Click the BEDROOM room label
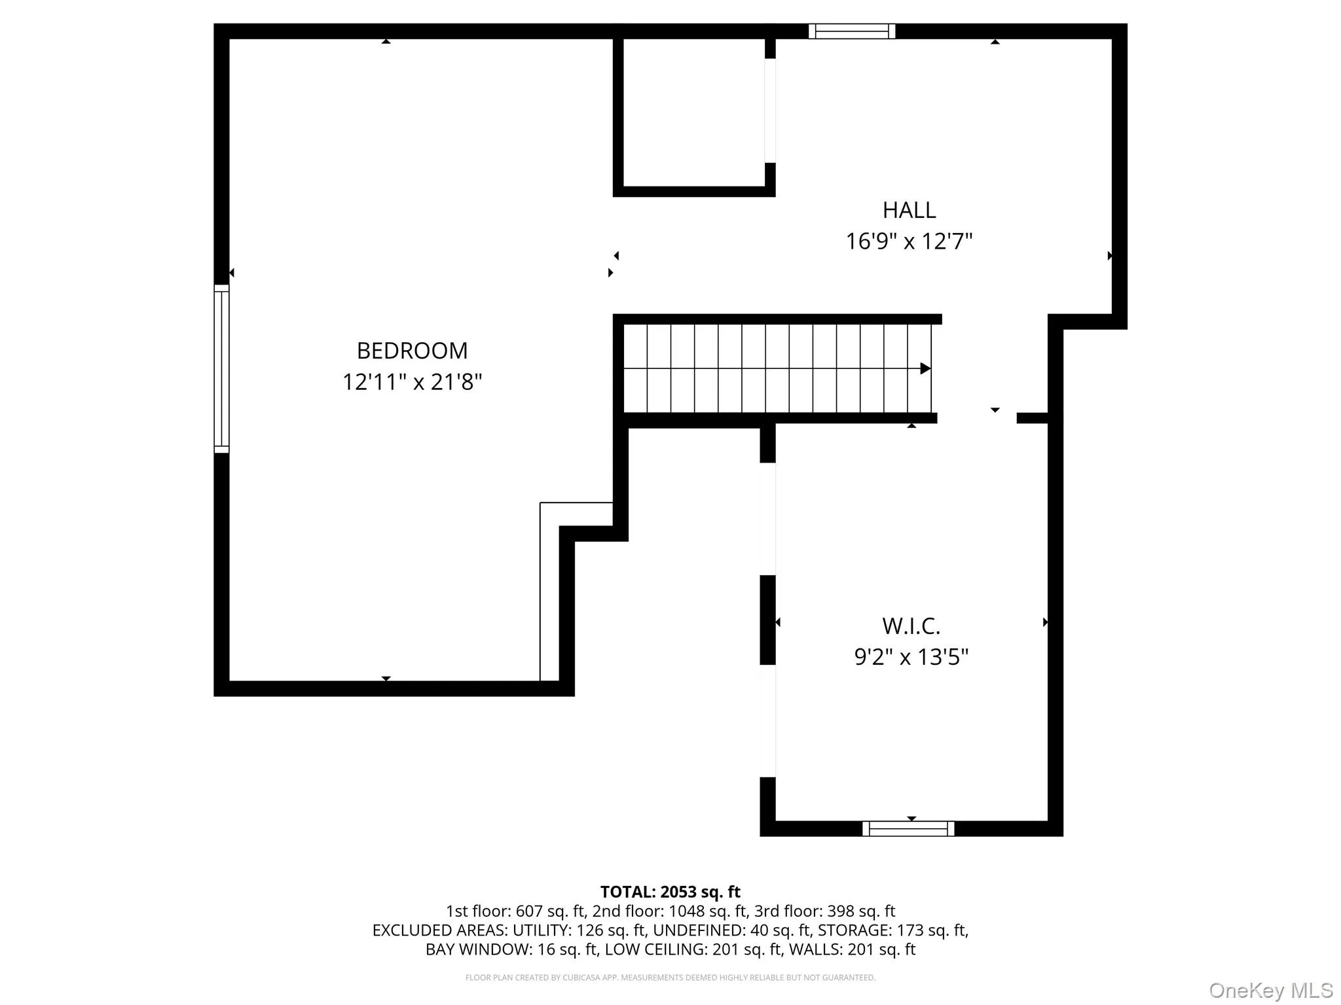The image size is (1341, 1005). (412, 351)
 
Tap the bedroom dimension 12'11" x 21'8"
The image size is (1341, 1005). (412, 381)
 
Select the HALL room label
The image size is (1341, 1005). (909, 210)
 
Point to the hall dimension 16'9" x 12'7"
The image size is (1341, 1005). (909, 241)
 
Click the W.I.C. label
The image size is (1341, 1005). (911, 626)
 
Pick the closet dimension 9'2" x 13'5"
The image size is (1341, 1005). (911, 656)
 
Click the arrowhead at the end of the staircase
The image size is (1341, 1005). (925, 368)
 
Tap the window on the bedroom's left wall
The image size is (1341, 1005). (221, 368)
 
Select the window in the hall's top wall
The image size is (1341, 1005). (852, 31)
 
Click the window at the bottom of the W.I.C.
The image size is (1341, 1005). (908, 828)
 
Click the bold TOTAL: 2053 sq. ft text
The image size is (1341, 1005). (670, 892)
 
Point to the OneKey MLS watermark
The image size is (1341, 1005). (1271, 990)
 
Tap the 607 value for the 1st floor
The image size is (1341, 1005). (529, 911)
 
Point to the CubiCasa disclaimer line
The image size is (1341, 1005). (670, 978)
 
